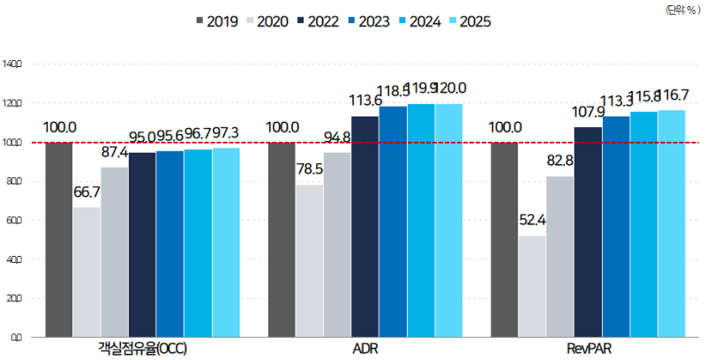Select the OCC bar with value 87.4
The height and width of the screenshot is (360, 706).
pos(115,252)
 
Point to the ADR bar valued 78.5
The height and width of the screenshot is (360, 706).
pos(309,260)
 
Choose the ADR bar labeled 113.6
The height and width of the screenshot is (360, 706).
pos(365,226)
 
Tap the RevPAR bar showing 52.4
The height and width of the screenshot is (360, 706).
pos(532,286)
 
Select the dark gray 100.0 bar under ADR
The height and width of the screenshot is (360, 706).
pos(282,239)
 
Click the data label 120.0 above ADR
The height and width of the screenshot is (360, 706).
pos(450,88)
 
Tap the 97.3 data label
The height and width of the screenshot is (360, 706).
pos(225,134)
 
